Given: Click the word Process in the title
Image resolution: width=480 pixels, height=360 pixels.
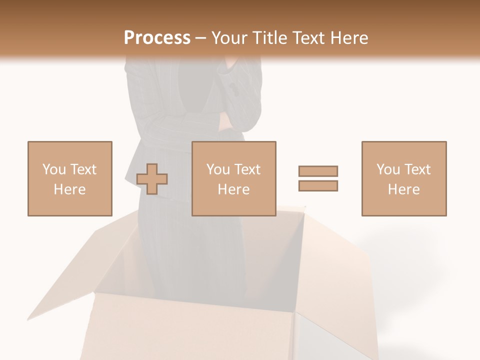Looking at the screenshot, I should coord(157,38).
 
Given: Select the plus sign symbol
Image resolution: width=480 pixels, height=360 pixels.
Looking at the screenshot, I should coord(152,178).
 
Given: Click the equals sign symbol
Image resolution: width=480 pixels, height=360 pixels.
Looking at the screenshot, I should coord(318,178).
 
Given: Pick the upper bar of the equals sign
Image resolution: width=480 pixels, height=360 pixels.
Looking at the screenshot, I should coord(318,171).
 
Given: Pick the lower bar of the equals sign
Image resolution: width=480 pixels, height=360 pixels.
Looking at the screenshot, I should coord(318,186).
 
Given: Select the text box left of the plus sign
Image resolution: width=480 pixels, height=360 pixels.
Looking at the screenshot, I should coord(70,178).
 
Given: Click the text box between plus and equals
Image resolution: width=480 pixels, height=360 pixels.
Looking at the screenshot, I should coord(234,178).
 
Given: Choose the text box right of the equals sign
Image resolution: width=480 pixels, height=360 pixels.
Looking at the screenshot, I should coord(404,178).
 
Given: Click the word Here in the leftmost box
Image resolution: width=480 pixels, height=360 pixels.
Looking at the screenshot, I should coord(70,189).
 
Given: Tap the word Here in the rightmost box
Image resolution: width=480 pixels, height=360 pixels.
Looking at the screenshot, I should coord(404,189).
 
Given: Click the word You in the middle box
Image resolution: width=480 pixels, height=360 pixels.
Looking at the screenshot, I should coord(218,169).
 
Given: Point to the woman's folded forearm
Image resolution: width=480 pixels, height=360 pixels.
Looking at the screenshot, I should coord(200,120).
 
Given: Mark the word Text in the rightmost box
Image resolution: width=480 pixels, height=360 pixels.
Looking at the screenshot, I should coord(416,169).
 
